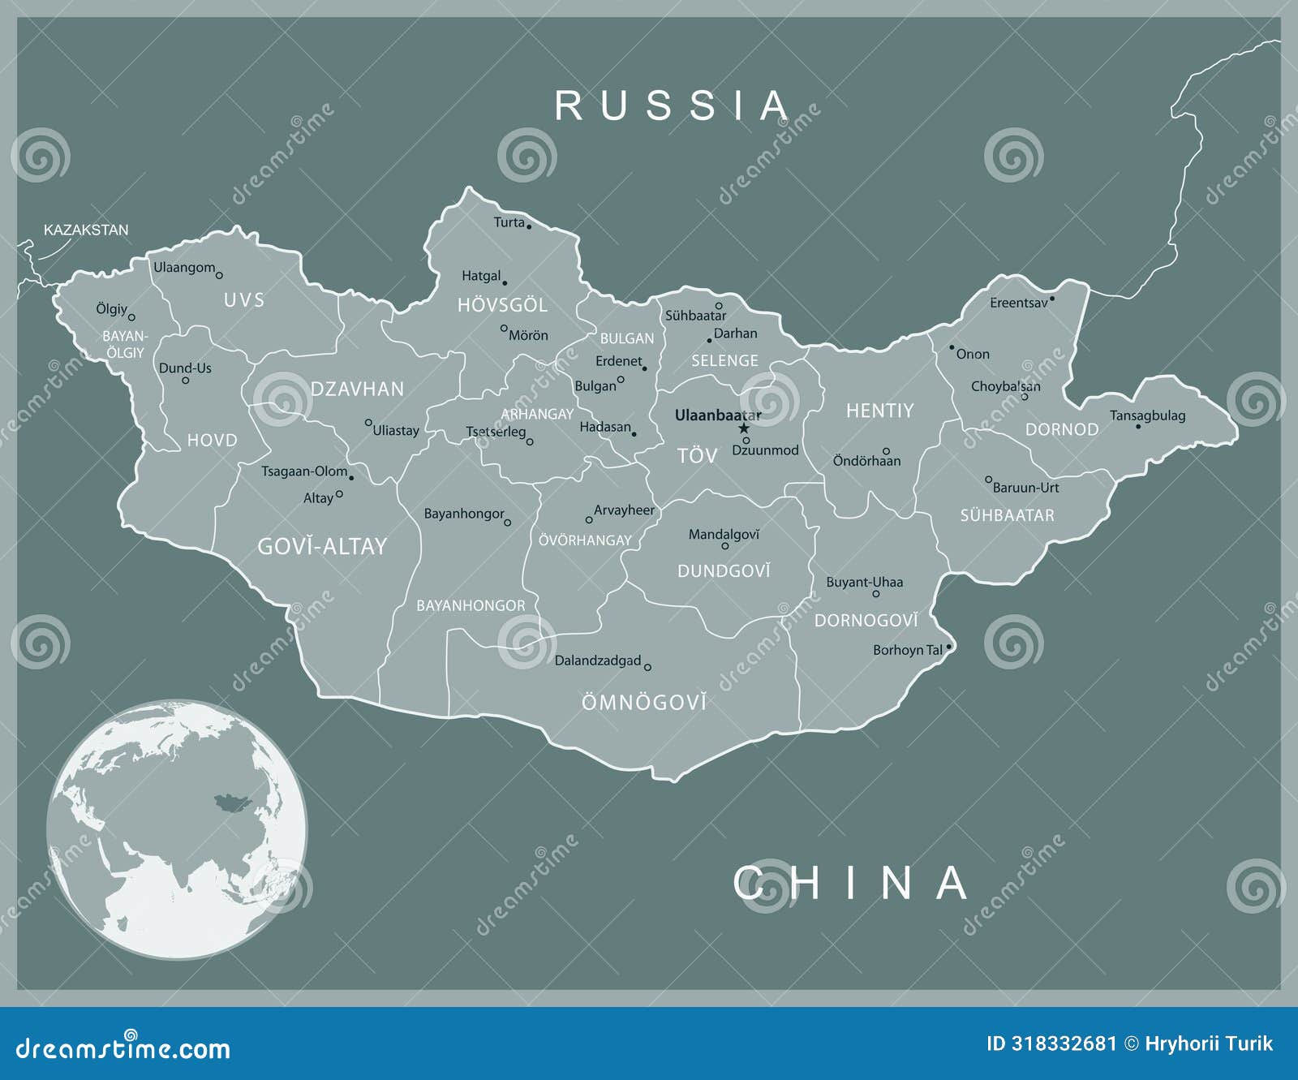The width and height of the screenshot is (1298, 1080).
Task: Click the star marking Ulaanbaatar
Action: [743, 428]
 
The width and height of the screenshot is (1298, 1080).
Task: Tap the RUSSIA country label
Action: [673, 106]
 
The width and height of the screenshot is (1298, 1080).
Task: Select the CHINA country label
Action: [851, 883]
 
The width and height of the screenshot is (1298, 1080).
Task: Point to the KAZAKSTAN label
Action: [86, 230]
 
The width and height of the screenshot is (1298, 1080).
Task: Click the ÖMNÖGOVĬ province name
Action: [643, 703]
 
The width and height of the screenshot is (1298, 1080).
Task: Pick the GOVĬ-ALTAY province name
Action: [322, 547]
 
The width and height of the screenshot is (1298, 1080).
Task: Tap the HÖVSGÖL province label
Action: [502, 306]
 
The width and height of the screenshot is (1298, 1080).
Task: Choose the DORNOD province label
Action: [1062, 430]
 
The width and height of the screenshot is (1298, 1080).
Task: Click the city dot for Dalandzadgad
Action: [647, 667]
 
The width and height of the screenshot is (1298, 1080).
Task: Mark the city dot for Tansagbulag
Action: [1138, 427]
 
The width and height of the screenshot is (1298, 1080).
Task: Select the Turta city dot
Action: [529, 226]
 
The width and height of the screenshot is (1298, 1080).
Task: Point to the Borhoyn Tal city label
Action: [907, 650]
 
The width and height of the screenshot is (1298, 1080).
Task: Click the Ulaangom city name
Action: [184, 268]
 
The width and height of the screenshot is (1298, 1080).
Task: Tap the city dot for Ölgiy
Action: [131, 317]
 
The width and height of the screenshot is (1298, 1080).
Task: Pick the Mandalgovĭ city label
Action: [724, 535]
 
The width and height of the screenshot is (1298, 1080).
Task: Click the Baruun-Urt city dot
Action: [988, 480]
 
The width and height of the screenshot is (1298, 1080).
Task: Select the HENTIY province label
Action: [879, 411]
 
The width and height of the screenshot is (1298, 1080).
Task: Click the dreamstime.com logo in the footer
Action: [123, 1048]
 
